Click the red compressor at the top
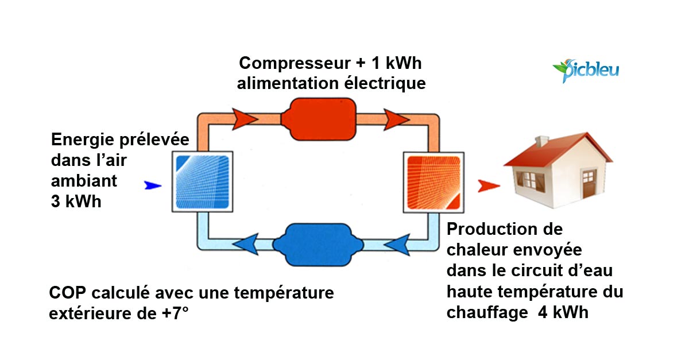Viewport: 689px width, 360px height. pyautogui.click(x=319, y=117)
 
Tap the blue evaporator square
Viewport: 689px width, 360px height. pyautogui.click(x=202, y=182)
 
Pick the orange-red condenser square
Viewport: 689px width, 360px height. pyautogui.click(x=433, y=182)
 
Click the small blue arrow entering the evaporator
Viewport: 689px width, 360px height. pyautogui.click(x=153, y=185)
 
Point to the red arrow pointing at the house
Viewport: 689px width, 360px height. pyautogui.click(x=489, y=185)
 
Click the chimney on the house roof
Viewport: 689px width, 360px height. pyautogui.click(x=541, y=141)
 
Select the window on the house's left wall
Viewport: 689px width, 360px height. pyautogui.click(x=533, y=181)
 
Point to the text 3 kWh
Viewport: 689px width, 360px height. pyautogui.click(x=76, y=202)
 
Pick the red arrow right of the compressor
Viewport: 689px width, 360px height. pyautogui.click(x=396, y=119)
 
